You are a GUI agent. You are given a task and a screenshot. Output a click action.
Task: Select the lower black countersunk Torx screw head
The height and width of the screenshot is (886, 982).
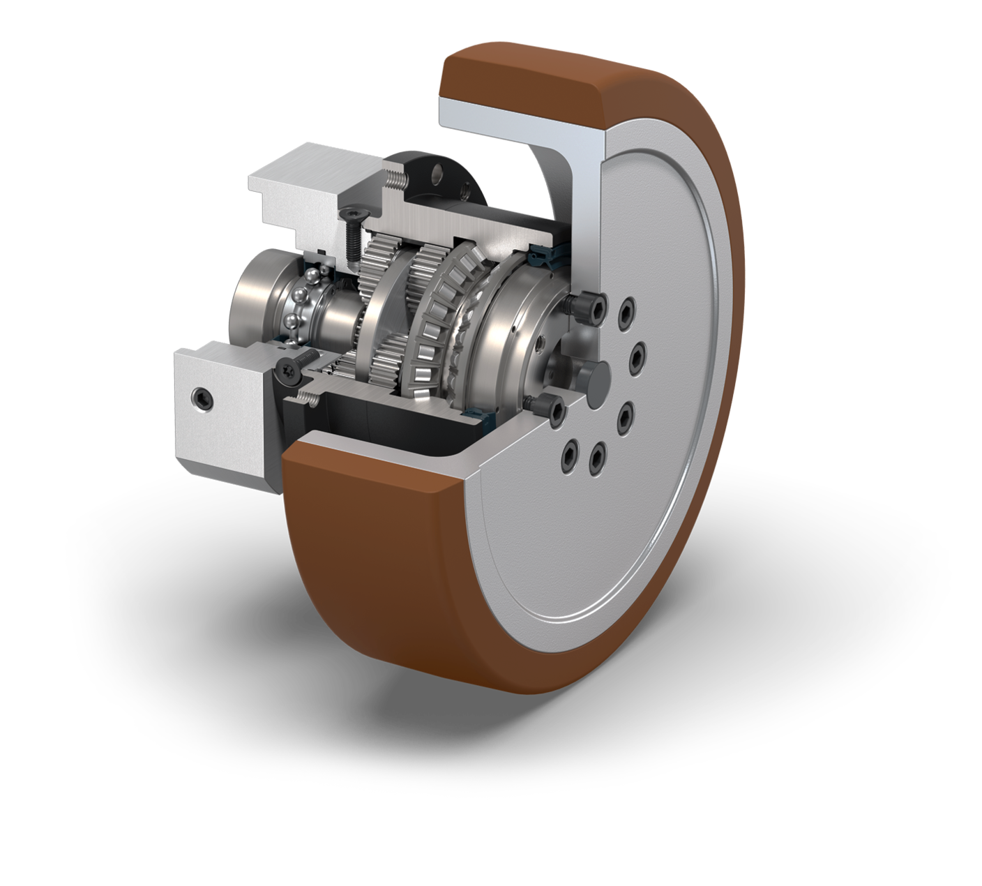click(289, 370)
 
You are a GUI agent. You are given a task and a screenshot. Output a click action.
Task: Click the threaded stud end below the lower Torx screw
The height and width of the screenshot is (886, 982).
click(308, 399)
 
